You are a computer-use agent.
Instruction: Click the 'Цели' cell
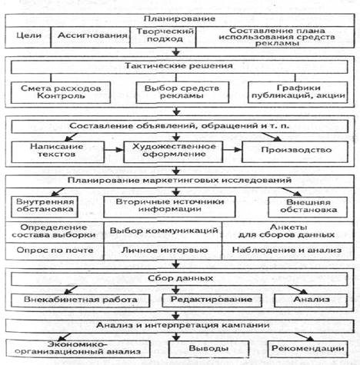tap(28, 37)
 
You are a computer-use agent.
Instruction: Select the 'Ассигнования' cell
tap(91, 37)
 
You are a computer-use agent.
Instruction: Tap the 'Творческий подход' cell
tap(163, 37)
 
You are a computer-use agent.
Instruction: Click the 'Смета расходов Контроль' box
tap(61, 92)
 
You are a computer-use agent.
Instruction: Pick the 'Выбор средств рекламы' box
tap(182, 92)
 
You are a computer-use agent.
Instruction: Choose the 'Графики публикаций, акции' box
tap(298, 92)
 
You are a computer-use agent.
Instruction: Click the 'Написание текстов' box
tap(58, 152)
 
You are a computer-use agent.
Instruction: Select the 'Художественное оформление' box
tap(173, 152)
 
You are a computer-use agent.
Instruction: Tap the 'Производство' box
tap(295, 152)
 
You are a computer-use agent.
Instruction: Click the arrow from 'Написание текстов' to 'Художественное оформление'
tap(114, 150)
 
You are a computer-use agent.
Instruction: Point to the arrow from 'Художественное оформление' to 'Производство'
tap(232, 150)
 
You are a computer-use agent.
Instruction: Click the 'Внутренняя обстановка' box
tap(45, 207)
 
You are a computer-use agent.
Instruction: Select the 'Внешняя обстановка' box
tap(308, 207)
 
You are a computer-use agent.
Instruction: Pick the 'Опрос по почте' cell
tap(55, 251)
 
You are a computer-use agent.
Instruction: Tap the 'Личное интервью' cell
tap(163, 251)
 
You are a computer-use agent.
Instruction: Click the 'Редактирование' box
tap(212, 300)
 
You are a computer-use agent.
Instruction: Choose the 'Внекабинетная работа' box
tap(80, 300)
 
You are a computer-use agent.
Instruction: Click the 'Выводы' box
tap(208, 349)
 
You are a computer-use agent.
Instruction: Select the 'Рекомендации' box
tap(308, 349)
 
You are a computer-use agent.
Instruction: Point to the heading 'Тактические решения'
tap(179, 66)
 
